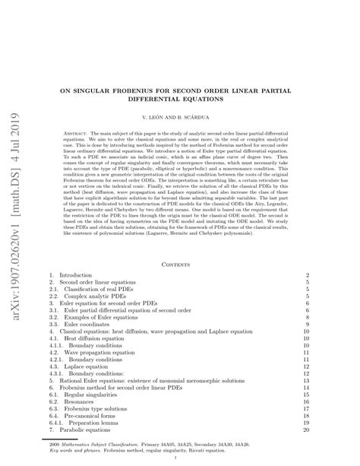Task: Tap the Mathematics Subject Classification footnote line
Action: pyautogui.click(x=159, y=444)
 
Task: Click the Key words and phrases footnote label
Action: pyautogui.click(x=76, y=451)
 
